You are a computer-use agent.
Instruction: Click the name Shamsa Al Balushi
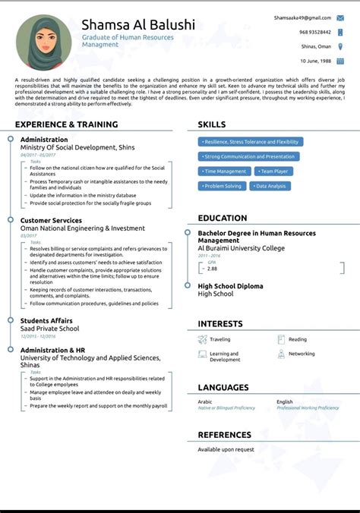pos(138,24)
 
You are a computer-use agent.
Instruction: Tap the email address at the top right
pos(303,17)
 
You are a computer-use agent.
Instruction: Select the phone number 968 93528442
pos(314,32)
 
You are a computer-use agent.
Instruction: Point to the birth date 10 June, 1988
pos(315,60)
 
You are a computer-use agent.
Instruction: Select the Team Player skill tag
pos(273,172)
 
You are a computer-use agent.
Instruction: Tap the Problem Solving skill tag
pos(223,186)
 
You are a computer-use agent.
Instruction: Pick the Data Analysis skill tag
pos(270,186)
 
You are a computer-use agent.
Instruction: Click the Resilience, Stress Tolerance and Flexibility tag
pos(251,142)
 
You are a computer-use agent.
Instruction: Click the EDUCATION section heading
pos(223,219)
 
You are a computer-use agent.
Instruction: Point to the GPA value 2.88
pos(212,269)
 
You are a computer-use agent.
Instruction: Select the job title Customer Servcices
pos(51,220)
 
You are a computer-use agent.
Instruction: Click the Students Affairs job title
pos(46,320)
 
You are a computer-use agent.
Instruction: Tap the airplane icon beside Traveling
pos(202,340)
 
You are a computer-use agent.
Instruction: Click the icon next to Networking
pos(281,354)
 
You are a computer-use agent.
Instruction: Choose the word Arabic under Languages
pos(205,401)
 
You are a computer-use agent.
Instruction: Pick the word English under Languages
pos(285,401)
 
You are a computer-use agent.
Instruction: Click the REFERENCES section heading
pos(224,435)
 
